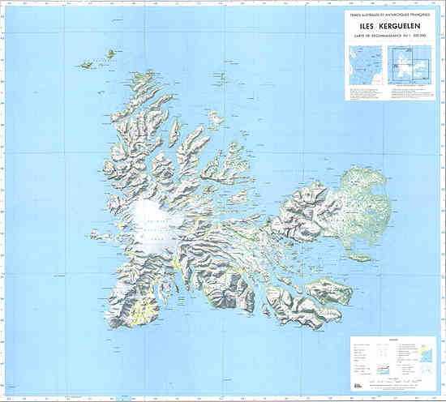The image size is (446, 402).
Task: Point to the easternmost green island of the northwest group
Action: (107, 55)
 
